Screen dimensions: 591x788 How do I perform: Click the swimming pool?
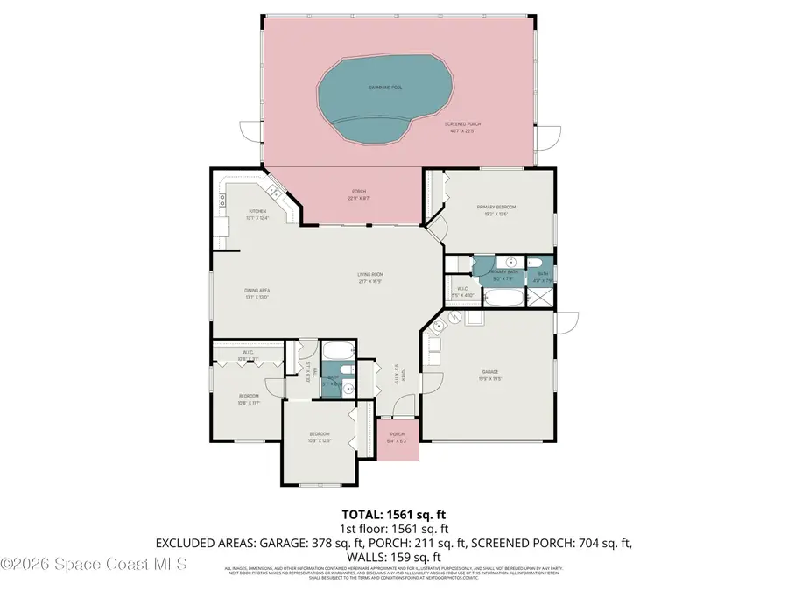point(385,92)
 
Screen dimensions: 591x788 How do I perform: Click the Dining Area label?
point(256,293)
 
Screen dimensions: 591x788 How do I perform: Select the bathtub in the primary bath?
point(503,299)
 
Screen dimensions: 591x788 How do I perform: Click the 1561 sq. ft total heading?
point(393,514)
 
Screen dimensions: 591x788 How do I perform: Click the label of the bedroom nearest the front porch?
point(319,437)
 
